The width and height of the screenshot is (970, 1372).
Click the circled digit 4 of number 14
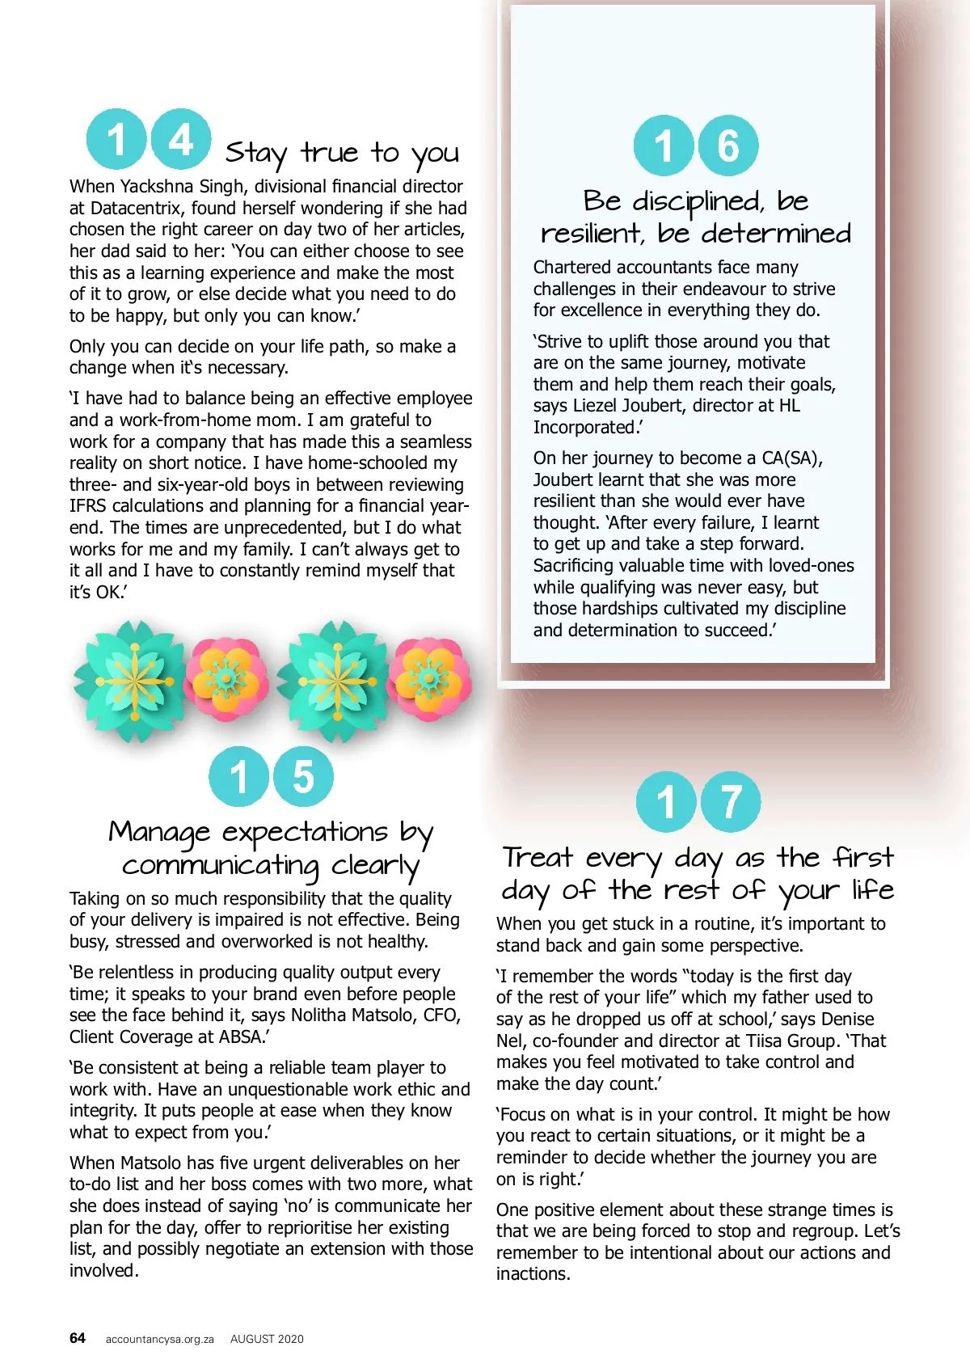coord(181,139)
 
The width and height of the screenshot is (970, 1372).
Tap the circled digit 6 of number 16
coord(727,146)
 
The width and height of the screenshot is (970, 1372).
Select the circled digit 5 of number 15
coord(303,776)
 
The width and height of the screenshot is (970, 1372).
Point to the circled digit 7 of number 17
coord(731,802)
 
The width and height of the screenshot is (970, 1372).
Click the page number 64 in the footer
coord(78,1338)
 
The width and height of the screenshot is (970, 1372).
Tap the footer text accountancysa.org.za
coord(159,1339)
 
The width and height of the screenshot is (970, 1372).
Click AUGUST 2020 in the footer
coord(267,1339)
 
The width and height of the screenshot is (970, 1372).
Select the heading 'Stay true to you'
coord(342,153)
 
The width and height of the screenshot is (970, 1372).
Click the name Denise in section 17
coord(848,1020)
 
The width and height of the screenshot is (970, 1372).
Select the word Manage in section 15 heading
coord(160,832)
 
